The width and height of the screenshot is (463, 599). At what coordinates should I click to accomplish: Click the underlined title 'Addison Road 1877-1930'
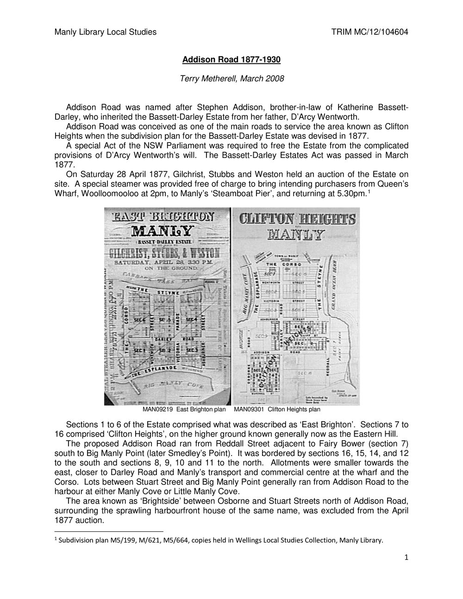click(231, 60)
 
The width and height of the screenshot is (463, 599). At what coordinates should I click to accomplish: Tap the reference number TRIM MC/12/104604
click(369, 32)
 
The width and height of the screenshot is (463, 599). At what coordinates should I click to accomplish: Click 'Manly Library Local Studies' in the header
click(106, 32)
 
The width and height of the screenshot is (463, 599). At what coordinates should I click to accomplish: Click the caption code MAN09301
click(250, 410)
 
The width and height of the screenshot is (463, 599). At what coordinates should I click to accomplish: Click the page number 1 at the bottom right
click(406, 558)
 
